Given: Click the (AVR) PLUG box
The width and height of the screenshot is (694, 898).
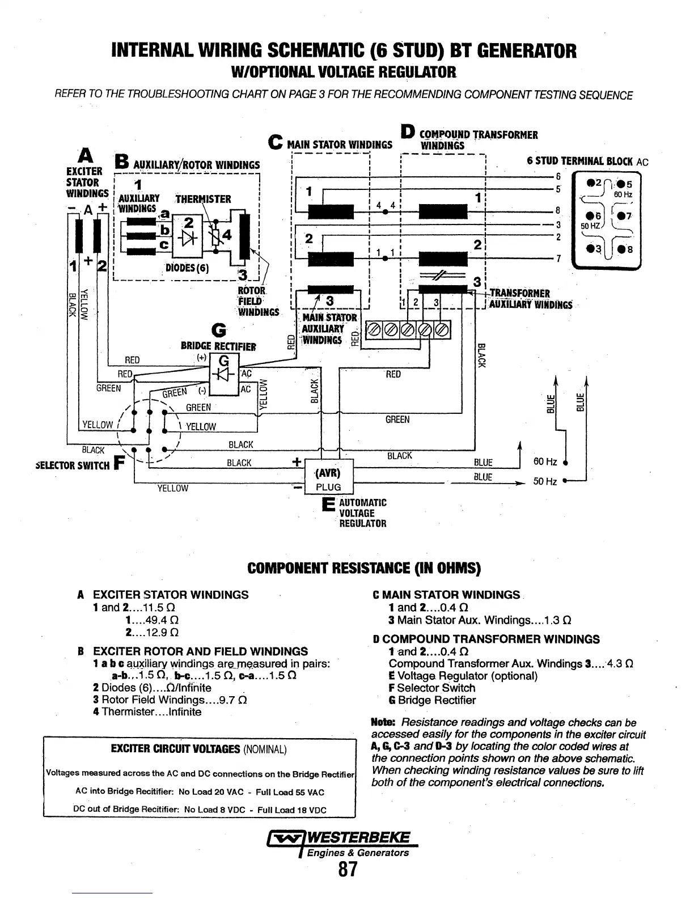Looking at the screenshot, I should click(328, 480).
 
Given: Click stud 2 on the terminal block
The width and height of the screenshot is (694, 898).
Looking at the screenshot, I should click(591, 183).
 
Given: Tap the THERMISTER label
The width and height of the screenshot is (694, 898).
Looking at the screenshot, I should click(203, 199).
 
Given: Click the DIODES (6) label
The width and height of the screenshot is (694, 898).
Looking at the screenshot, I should click(187, 268).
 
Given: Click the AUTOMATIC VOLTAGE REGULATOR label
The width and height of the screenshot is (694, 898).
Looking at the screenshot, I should click(362, 513).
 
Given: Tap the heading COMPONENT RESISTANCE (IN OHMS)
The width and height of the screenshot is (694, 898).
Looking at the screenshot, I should click(364, 568).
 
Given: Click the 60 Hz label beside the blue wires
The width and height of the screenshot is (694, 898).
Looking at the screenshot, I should click(545, 461).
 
